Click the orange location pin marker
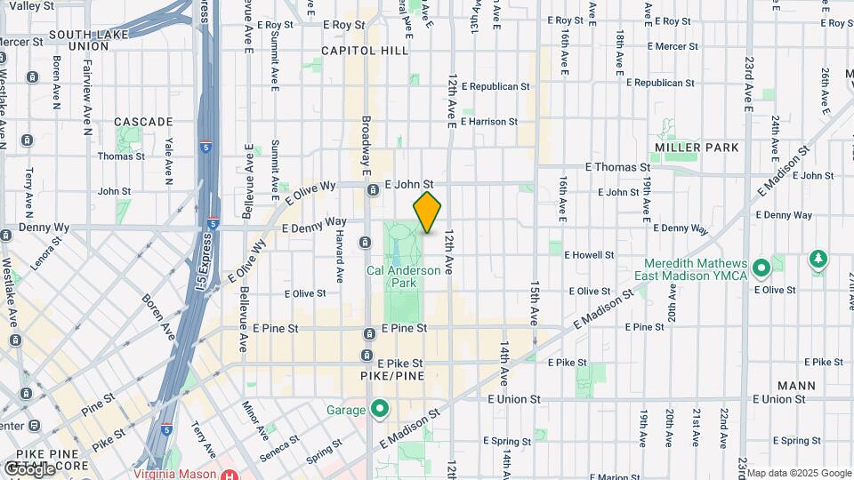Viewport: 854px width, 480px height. pos(428,212)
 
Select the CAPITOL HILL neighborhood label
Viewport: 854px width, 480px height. pos(357,51)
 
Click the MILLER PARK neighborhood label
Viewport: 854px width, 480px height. pos(697,147)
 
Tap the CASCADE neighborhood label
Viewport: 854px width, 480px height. pos(143,121)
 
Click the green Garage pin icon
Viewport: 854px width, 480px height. pos(380,410)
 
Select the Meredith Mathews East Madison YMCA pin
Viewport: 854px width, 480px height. pos(761,268)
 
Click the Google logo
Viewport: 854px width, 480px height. pos(28,469)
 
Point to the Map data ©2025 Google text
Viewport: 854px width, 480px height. pos(798,473)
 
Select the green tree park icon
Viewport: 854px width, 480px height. pos(817,259)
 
